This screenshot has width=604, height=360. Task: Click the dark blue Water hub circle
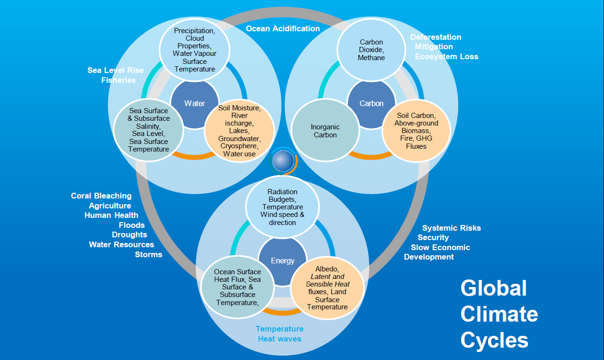[195, 103]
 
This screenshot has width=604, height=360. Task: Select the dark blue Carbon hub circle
[372, 103]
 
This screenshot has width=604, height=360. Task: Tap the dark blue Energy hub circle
[283, 261]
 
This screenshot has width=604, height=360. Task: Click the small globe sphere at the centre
[283, 161]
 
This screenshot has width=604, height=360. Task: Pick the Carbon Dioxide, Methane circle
[372, 50]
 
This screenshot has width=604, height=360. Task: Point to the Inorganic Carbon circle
[325, 131]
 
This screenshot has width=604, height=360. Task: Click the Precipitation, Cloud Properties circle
[195, 50]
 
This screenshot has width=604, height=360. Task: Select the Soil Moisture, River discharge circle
[239, 131]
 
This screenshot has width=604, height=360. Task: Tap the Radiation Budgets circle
[283, 207]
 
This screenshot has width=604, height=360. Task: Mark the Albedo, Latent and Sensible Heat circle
[327, 288]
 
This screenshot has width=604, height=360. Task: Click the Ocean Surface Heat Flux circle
[237, 287]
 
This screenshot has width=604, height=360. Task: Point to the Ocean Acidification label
[283, 28]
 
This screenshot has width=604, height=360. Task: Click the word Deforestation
[435, 37]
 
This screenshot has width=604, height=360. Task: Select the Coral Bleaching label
[101, 196]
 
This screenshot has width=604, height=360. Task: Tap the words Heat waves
[279, 339]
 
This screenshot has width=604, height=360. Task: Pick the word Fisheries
[118, 80]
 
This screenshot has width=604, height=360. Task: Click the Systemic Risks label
[451, 228]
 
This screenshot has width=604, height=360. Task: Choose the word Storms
[149, 254]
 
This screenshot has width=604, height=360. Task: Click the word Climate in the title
[499, 314]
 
